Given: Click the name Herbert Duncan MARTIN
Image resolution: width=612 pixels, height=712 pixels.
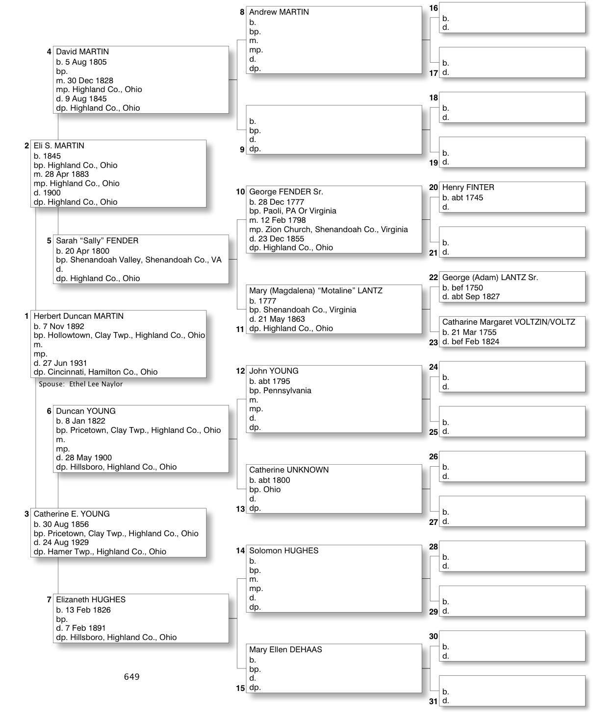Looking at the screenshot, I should point(78,316).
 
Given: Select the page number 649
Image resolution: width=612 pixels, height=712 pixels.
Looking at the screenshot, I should point(131,677).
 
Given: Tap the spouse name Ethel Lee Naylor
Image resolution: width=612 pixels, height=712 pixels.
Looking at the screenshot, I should point(96,384).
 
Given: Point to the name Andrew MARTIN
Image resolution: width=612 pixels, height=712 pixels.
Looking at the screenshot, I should point(279,12).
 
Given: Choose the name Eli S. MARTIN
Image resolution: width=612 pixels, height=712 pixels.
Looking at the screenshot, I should point(59,146).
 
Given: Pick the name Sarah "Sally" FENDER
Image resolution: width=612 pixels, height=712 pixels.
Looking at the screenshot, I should point(97,241).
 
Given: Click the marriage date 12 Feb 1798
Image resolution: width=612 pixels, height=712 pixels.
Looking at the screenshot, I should point(283,220).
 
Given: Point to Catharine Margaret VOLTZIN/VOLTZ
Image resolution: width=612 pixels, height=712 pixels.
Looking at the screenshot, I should point(509,322).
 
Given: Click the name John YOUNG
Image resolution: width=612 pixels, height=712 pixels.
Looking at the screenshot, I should point(274,371).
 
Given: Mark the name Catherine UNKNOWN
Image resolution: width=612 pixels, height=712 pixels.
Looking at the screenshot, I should point(289,470).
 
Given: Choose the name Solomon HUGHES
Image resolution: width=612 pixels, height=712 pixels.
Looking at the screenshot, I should point(283,551).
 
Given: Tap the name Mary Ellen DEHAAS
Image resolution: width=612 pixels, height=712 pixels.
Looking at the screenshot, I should point(285,650).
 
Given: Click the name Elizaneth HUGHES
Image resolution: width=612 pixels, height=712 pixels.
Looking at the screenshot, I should point(91,600).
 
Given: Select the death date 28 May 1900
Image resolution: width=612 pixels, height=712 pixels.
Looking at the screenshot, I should point(88,458).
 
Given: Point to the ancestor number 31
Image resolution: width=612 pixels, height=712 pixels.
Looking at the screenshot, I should point(433,701).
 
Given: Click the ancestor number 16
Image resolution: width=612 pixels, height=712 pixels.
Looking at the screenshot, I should point(433,8).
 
